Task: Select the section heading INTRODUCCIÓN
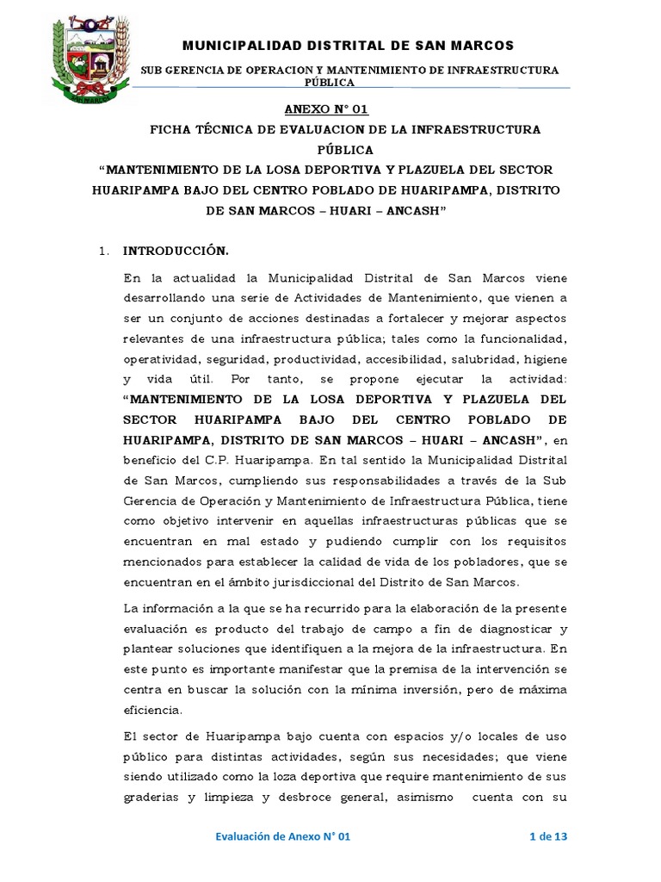point(176,251)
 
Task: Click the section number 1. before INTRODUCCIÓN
point(105,252)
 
